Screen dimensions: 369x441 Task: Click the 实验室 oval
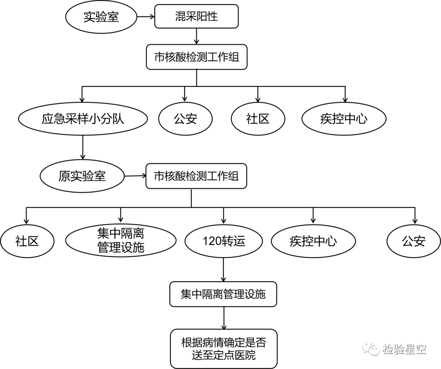[101, 17]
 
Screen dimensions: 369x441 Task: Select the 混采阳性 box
[196, 17]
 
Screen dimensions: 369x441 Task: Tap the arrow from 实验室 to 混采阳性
[145, 17]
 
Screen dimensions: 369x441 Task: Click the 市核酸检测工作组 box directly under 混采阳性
[196, 57]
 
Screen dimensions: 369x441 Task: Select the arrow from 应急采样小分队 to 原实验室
[83, 147]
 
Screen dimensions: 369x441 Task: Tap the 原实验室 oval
[82, 176]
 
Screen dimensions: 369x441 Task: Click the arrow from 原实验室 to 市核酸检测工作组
[135, 176]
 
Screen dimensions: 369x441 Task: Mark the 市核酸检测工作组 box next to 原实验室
[196, 176]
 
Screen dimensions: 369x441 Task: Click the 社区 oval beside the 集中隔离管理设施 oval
[27, 241]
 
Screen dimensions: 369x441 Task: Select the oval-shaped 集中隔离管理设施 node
[121, 241]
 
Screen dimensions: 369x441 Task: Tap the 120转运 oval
[223, 241]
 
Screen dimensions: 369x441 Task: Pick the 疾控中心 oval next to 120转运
[313, 241]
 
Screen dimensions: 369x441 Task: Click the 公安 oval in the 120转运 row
[414, 241]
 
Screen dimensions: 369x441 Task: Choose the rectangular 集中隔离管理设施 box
[223, 294]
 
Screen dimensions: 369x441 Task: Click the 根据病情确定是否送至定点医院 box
[224, 349]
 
